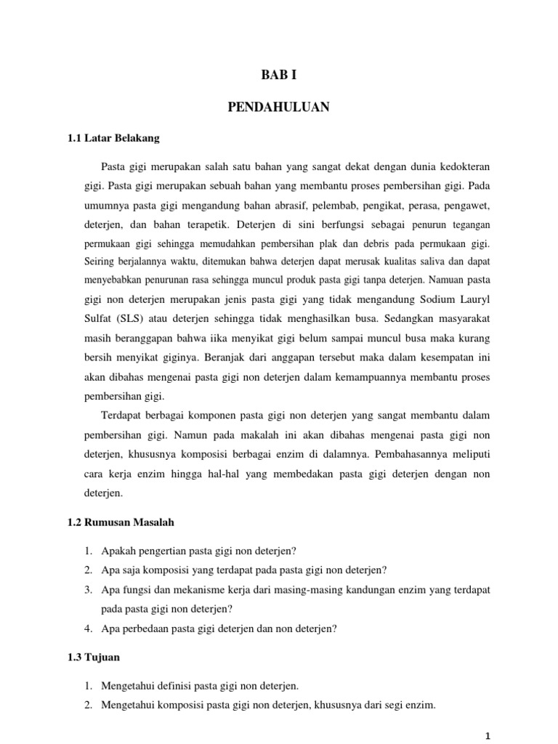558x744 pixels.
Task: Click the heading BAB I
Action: click(279, 76)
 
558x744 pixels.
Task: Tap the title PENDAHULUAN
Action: click(279, 108)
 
